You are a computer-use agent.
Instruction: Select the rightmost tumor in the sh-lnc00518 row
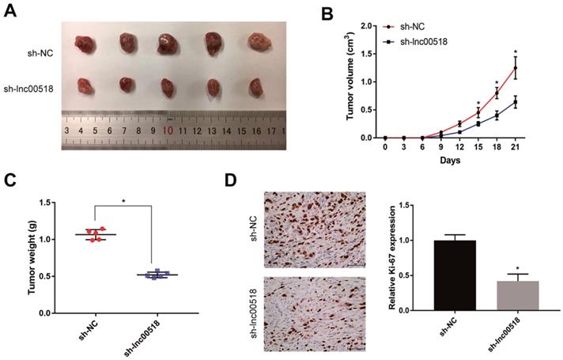tap(255, 86)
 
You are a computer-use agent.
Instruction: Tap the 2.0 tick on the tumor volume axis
tap(366, 25)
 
